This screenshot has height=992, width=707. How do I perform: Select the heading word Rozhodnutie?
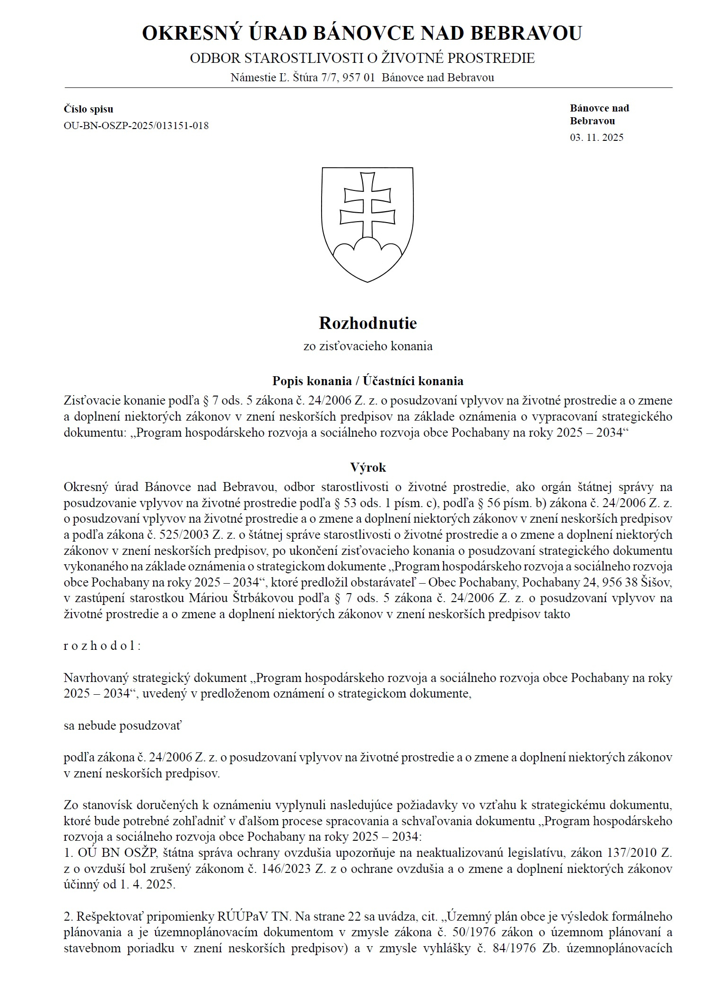(x=367, y=323)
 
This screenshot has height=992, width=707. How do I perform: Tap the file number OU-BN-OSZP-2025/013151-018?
(x=136, y=126)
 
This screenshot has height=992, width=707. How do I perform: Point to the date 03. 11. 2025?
(x=596, y=138)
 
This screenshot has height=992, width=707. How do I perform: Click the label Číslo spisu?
(x=88, y=109)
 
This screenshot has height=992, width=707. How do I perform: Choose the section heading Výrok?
(x=368, y=467)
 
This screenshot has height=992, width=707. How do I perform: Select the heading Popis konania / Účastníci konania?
(x=367, y=381)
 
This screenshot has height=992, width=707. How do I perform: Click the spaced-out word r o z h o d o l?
(x=102, y=646)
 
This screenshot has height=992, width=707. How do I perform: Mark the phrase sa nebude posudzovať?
(x=122, y=725)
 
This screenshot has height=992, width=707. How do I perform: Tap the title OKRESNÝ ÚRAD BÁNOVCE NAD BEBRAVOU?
(x=362, y=34)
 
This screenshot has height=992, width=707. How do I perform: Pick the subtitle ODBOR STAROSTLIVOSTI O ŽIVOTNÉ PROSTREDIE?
(x=362, y=59)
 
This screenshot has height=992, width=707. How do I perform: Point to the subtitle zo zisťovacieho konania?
(x=367, y=346)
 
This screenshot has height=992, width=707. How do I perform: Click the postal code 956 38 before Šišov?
(x=625, y=582)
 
